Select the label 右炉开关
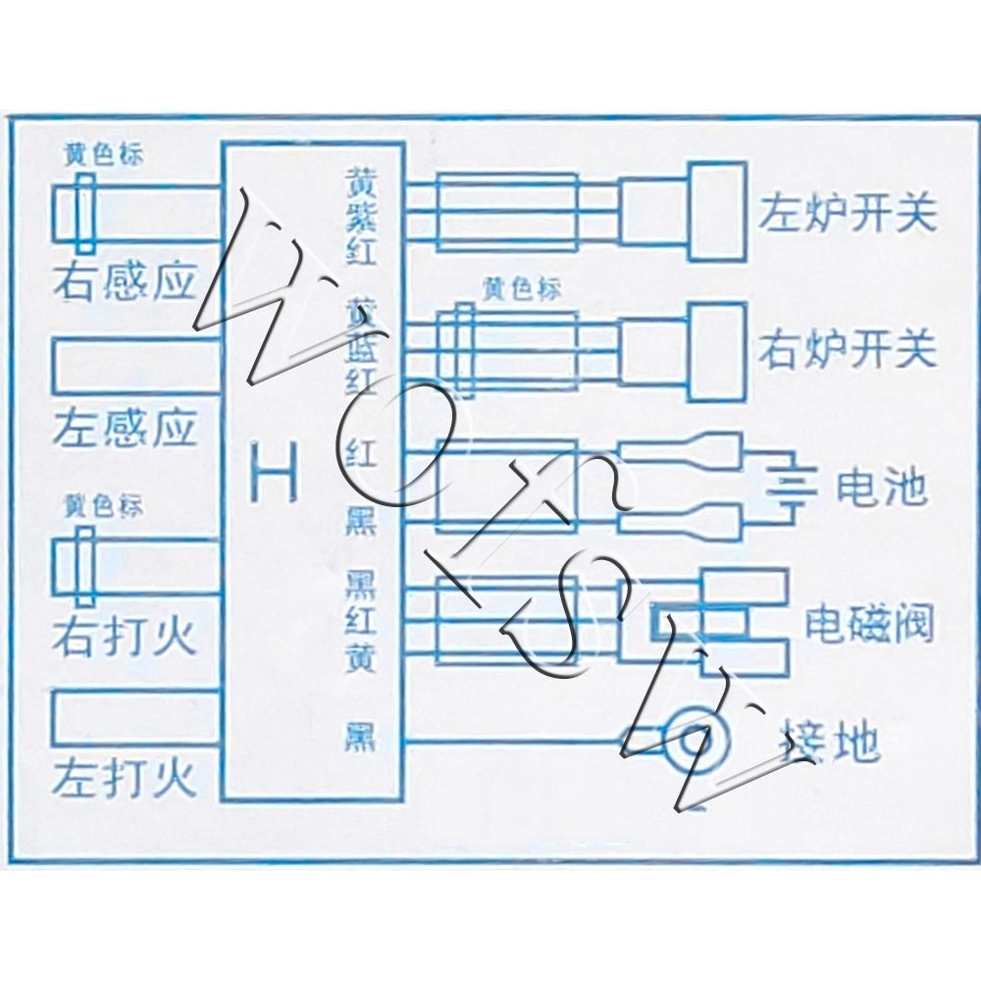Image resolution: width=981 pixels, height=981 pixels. tap(846, 350)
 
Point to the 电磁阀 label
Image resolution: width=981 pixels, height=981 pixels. tap(869, 623)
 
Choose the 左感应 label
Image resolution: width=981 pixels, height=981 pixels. tap(125, 428)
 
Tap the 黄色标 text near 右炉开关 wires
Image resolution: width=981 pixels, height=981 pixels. tap(521, 291)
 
